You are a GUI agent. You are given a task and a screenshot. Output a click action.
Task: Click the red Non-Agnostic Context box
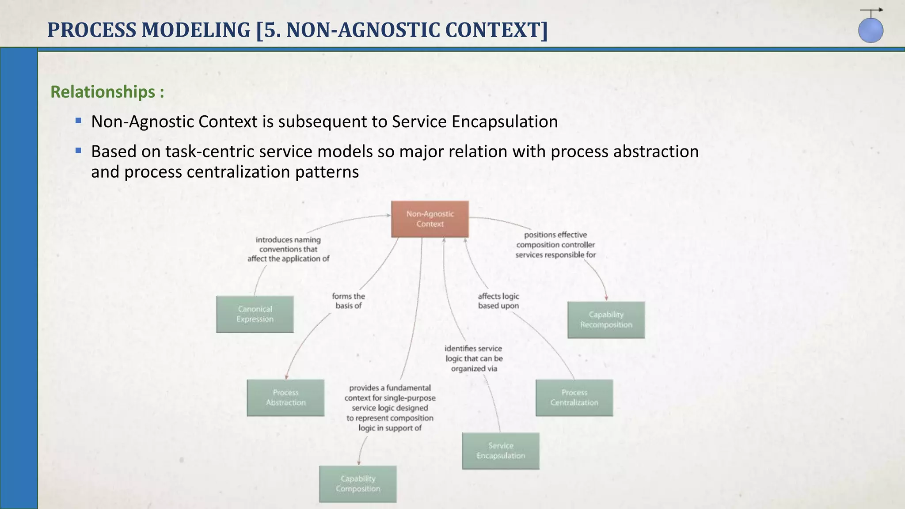click(430, 219)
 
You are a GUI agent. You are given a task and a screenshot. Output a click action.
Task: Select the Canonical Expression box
click(255, 314)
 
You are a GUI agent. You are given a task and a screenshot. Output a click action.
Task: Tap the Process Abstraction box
click(285, 398)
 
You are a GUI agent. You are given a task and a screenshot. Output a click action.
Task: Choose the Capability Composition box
click(358, 484)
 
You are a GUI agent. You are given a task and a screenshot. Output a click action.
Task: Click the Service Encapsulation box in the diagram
click(501, 451)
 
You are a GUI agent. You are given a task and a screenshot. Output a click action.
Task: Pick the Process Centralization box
click(574, 398)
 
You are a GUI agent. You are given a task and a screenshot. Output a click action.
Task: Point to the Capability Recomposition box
click(606, 320)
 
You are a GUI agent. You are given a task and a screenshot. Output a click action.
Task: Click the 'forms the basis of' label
click(348, 301)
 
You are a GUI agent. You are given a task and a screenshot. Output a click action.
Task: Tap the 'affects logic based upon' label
click(498, 301)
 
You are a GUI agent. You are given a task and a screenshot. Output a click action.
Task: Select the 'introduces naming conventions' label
click(288, 249)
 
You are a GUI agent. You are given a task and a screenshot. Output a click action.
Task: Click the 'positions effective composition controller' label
click(555, 245)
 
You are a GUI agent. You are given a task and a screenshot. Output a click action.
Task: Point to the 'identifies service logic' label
click(474, 358)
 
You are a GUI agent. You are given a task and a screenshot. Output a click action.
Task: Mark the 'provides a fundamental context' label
click(390, 408)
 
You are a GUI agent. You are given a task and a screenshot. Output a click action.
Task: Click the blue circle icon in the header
click(871, 30)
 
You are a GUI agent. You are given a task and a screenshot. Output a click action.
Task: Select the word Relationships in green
click(103, 92)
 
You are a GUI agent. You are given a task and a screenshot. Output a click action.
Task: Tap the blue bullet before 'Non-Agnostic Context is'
click(79, 121)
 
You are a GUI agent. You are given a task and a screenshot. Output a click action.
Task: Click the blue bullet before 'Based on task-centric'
click(79, 151)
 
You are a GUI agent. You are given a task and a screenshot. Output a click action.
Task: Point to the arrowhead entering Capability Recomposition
click(606, 299)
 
